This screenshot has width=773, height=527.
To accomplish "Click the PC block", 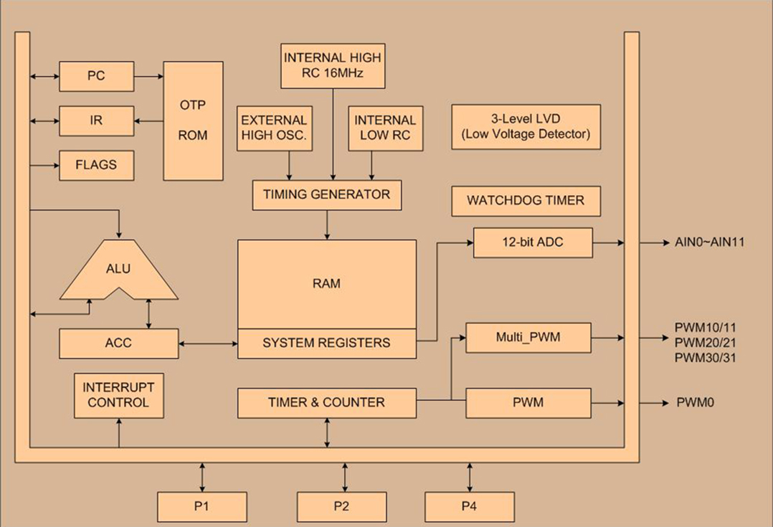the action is tap(97, 77).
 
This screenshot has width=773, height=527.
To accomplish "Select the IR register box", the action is tap(97, 120).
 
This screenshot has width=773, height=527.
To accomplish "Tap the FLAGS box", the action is tap(97, 165).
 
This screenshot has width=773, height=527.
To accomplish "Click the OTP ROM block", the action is tap(194, 120).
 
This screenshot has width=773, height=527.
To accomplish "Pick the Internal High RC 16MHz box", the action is tap(333, 66).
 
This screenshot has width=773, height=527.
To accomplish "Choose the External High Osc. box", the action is tap(275, 128).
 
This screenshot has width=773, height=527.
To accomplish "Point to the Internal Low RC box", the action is tap(386, 128).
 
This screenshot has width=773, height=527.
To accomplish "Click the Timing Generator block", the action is tap(327, 195).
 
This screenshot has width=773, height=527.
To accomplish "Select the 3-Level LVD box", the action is tap(526, 127).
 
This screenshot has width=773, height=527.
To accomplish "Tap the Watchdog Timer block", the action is tap(526, 201).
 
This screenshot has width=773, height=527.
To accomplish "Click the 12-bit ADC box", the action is tap(533, 242).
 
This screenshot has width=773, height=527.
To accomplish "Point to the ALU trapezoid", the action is tap(119, 270).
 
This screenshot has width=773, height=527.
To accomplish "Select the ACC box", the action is tap(119, 343).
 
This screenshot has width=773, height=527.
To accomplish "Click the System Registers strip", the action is tap(327, 343).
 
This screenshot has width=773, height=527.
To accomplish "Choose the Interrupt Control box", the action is tap(119, 396).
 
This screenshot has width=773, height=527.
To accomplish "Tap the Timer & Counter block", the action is tap(327, 403).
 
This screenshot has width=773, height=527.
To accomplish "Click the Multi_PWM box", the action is tap(528, 338).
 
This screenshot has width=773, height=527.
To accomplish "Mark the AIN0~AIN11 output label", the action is tap(709, 242).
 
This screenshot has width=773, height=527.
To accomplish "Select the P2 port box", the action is tap(341, 507).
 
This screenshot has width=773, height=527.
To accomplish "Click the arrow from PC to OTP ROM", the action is tap(149, 77).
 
